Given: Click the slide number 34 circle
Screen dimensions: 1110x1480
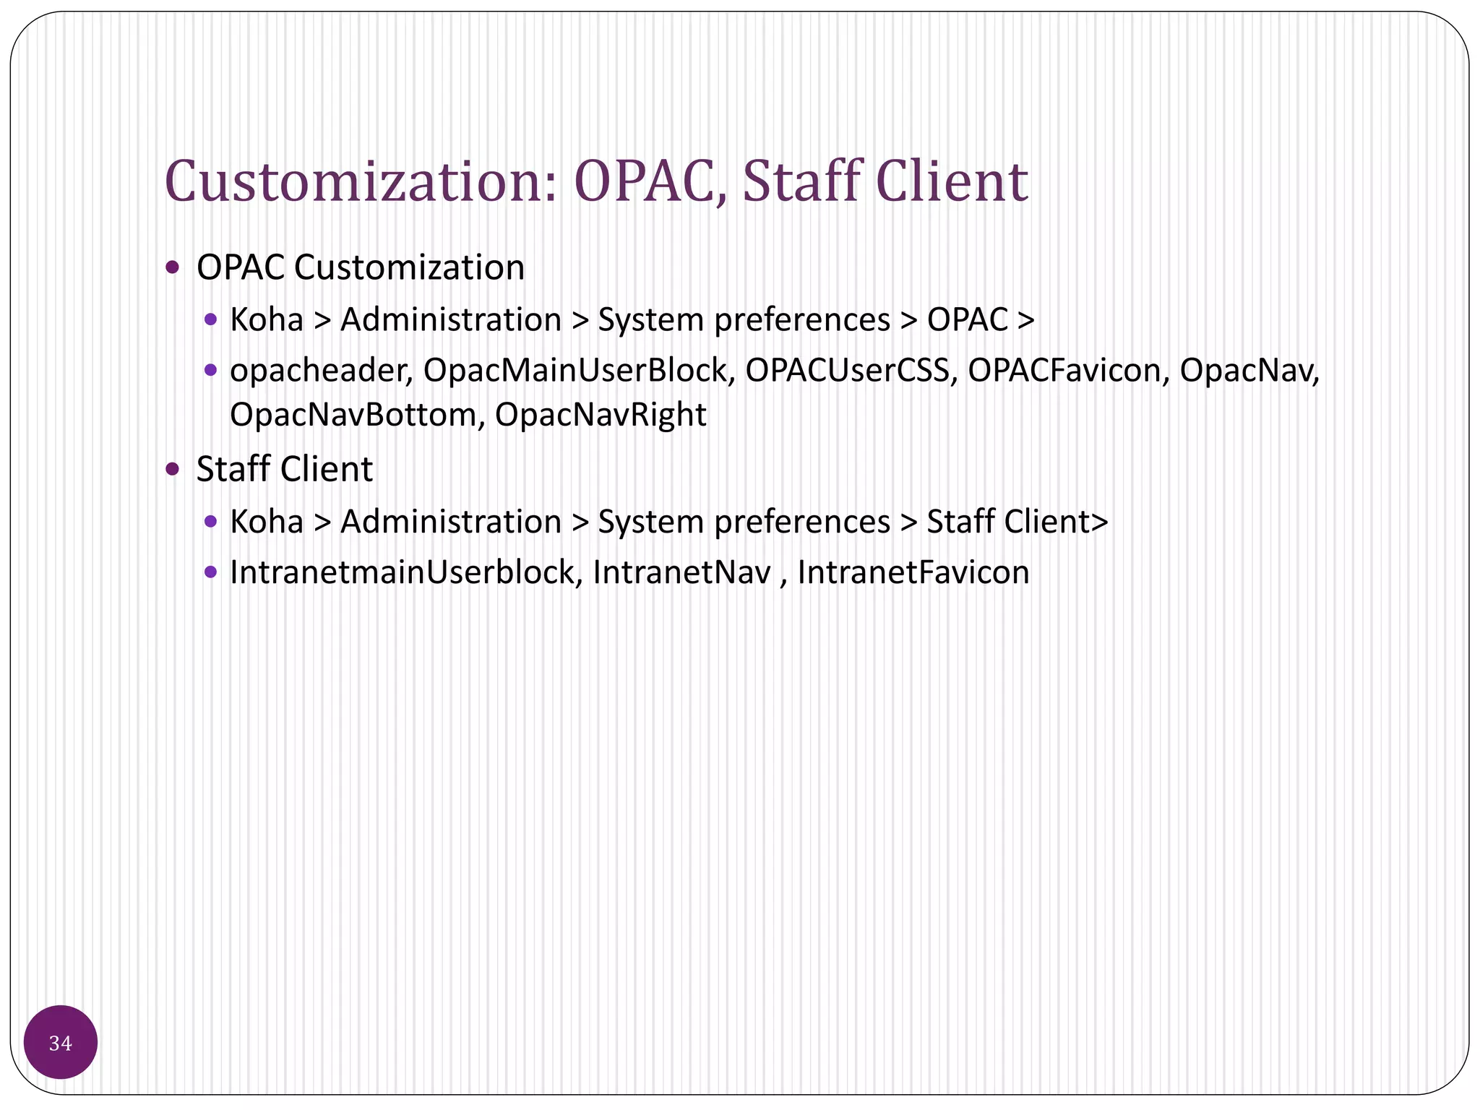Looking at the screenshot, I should [61, 1043].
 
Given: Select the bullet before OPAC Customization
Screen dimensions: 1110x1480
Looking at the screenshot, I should [172, 268].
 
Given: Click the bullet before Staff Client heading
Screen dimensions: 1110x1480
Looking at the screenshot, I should [172, 470].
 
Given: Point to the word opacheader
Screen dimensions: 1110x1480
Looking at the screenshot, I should [320, 371].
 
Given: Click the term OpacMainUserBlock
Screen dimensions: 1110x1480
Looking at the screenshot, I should [575, 371].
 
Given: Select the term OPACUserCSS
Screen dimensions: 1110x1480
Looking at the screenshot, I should [847, 371].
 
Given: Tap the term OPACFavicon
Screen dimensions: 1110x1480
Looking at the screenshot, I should [1064, 371].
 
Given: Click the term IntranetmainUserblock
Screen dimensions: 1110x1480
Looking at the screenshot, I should [402, 573].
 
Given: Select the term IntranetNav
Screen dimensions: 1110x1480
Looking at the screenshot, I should [681, 573].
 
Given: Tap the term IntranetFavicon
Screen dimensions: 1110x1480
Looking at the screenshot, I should [913, 573].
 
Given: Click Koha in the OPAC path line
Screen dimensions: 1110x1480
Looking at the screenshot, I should [267, 320].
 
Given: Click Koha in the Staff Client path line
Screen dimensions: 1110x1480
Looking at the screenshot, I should [267, 522].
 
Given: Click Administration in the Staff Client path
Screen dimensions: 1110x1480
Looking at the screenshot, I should [450, 522].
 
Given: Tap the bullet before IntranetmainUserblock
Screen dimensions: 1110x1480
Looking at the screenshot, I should [210, 572].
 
